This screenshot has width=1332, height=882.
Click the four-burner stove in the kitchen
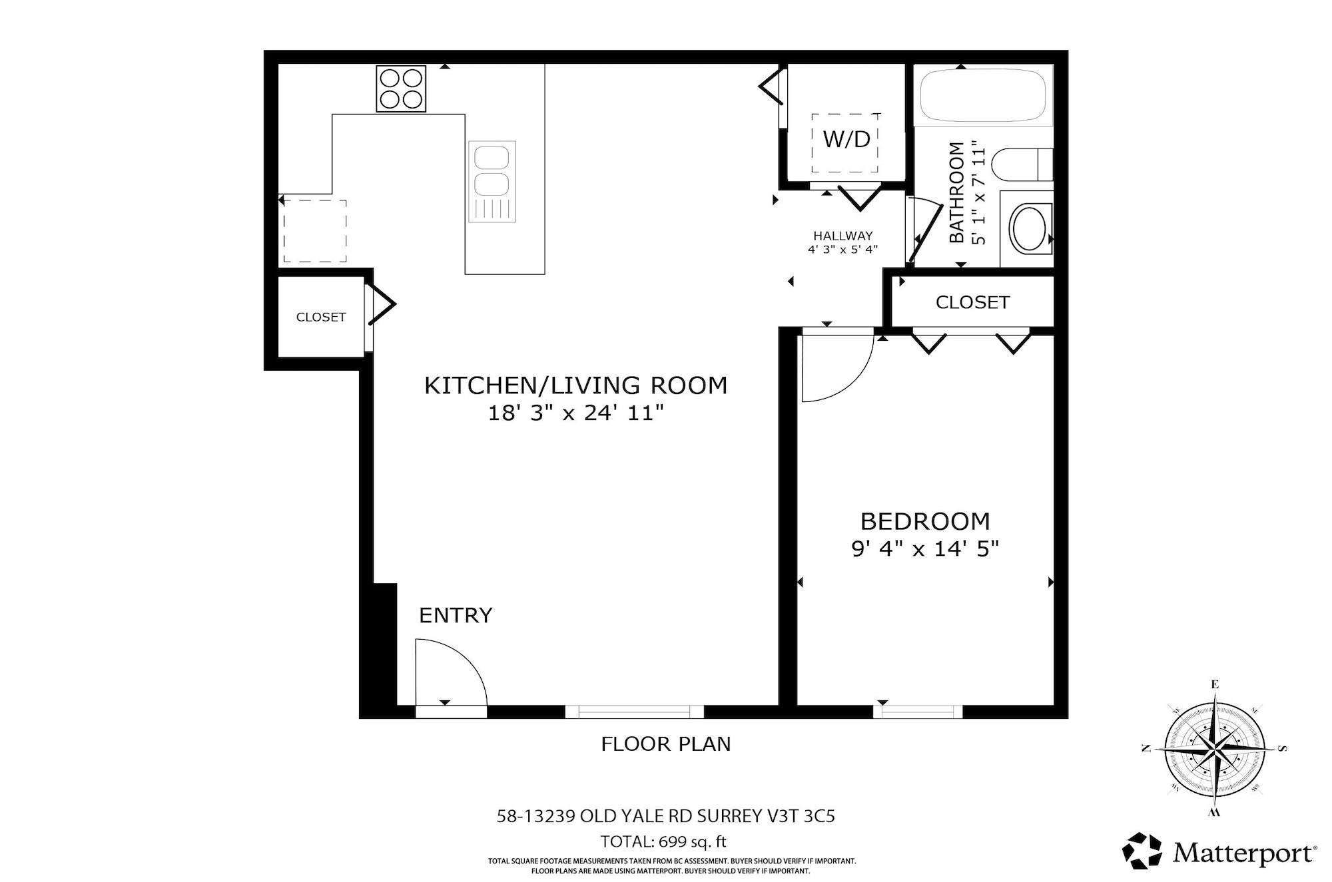coord(401,89)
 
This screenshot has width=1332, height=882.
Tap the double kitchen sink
coord(492,182)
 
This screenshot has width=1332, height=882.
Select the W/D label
coord(846,139)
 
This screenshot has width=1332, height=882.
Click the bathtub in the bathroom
coord(982,95)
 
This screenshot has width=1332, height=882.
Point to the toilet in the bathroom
coord(1022,164)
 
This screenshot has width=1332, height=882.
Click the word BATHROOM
coord(956,192)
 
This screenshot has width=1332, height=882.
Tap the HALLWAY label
coord(842,236)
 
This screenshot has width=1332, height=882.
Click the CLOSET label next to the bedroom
coord(972,303)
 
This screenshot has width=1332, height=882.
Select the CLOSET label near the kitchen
coord(321,318)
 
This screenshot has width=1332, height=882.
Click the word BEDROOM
coord(925,521)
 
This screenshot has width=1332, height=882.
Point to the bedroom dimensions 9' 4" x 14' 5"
coord(925,549)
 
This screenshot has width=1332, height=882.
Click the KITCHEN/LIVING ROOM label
coord(576,385)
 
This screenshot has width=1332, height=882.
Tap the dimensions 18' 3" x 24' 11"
coord(576,413)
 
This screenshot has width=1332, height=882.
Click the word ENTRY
coord(456,615)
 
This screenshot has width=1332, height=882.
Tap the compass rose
coord(1215,749)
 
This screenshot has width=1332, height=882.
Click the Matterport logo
coord(1219,852)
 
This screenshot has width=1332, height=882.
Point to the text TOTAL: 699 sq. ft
coord(663,841)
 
